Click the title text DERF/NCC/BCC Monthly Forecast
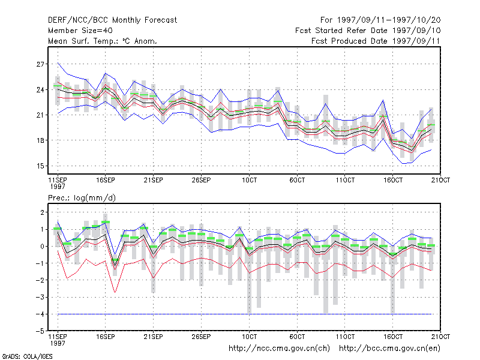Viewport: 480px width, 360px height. pos(112,20)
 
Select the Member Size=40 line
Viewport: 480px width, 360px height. pos(80,31)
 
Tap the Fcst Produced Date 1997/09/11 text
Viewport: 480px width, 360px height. pos(376,41)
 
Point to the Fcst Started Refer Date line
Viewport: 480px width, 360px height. pos(368,31)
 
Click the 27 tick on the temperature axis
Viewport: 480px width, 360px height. pos(40,64)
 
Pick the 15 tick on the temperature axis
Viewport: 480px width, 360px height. pos(40,166)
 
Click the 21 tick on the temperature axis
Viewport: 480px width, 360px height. pos(40,115)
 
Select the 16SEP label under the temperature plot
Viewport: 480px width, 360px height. pos(106,180)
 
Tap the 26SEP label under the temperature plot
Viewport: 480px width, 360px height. pos(201,180)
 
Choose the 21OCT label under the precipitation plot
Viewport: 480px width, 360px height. pos(440,337)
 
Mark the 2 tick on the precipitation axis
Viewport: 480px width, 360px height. pos(42,212)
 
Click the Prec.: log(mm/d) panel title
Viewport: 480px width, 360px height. pos(82,198)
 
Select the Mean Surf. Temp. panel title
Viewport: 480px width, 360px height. pos(103,41)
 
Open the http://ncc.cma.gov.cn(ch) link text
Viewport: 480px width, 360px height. pos(279,349)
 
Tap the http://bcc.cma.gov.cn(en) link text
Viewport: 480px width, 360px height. pos(389,349)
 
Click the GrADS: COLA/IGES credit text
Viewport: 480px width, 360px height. pos(27,356)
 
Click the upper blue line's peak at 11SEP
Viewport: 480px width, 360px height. pos(58,63)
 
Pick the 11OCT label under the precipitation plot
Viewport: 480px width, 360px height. pos(345,337)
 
